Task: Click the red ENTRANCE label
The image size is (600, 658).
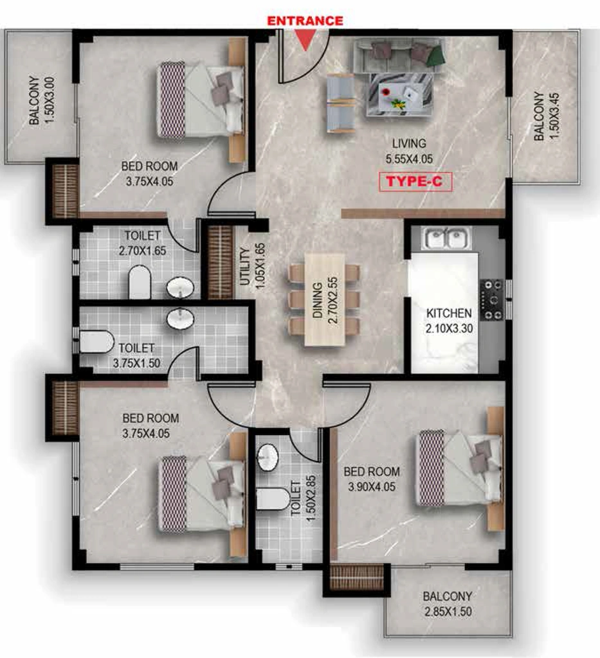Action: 305,21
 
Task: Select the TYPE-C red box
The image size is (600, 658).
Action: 415,182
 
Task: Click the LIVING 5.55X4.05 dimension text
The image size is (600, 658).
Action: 409,159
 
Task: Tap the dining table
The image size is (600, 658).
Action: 325,299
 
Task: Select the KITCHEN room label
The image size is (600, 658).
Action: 449,313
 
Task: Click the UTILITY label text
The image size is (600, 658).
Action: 244,266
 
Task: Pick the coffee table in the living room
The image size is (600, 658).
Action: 399,95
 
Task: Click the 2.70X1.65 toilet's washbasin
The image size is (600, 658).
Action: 180,288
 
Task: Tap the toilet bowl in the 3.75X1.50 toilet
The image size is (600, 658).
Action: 96,342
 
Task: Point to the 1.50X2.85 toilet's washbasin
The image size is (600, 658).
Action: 268,457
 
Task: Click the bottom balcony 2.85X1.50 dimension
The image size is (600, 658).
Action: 448,612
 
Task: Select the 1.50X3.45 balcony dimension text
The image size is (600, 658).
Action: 554,116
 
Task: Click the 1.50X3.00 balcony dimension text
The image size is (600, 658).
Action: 49,100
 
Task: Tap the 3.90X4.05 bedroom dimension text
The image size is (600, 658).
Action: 372,487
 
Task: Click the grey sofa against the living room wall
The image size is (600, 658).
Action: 397,57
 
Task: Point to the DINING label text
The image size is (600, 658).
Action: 318,301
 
